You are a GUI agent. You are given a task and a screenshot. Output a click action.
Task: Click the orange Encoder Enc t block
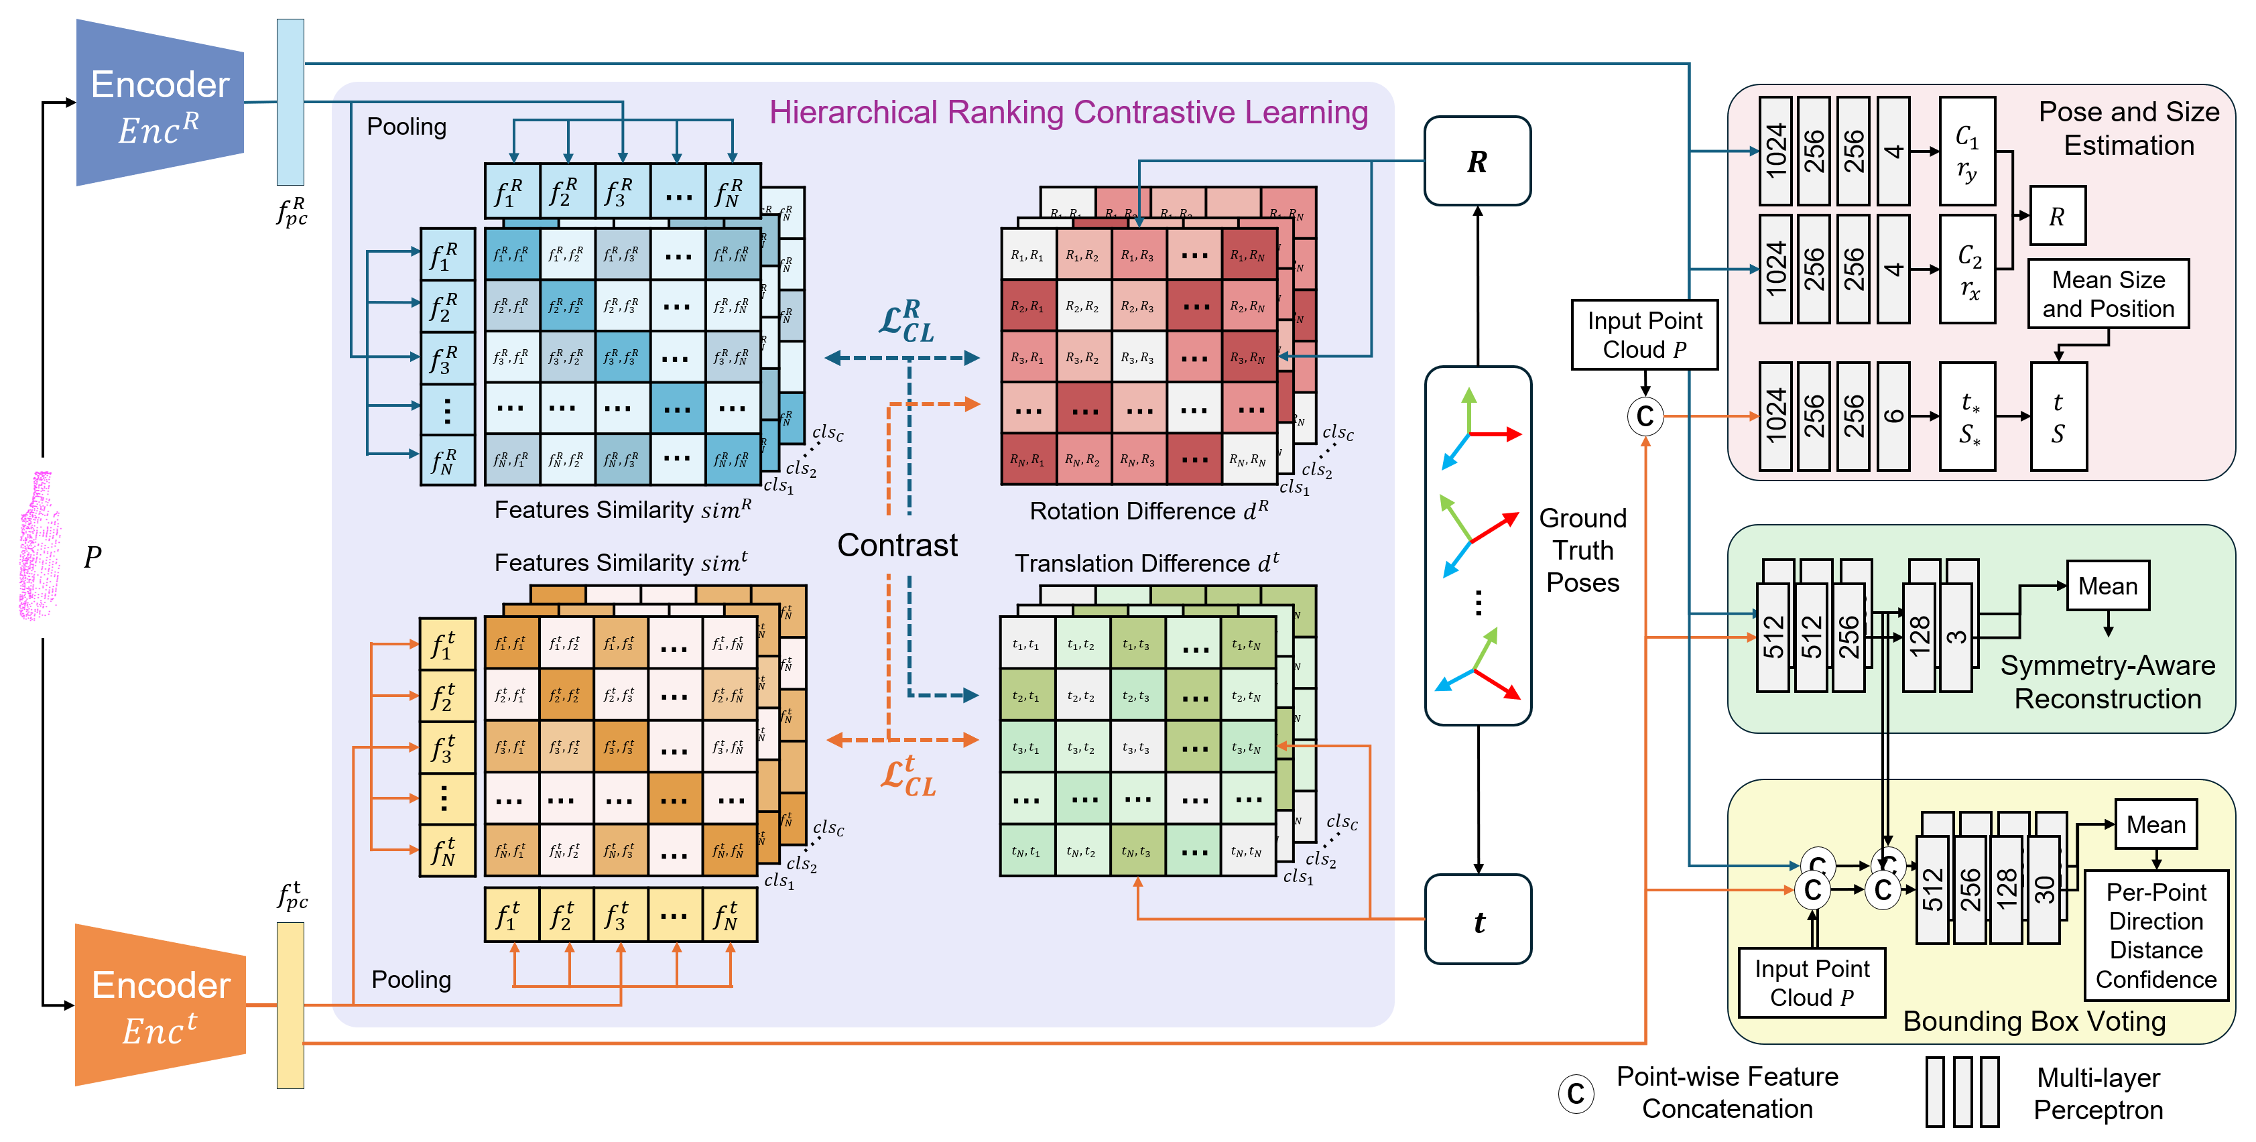(160, 1005)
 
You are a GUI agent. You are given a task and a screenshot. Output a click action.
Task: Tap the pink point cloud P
(40, 548)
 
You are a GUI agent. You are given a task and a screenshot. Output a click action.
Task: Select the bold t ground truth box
(1477, 920)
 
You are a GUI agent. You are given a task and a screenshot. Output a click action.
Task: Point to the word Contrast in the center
(897, 545)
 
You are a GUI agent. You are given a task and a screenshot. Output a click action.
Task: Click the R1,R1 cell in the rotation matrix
(1027, 255)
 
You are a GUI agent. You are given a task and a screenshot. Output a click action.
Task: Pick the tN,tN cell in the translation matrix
(1246, 850)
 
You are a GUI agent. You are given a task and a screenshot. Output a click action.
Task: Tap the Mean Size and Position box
(2107, 294)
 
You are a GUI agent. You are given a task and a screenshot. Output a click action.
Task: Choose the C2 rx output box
(1968, 269)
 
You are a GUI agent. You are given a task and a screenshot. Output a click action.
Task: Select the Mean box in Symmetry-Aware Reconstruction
(2107, 586)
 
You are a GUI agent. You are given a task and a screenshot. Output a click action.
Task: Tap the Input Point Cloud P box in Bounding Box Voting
(1811, 982)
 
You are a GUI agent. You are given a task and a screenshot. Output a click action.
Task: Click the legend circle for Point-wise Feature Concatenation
(1576, 1093)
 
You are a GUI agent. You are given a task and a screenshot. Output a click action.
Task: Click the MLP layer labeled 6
(1893, 416)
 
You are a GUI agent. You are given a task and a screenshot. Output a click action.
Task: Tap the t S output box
(2058, 417)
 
